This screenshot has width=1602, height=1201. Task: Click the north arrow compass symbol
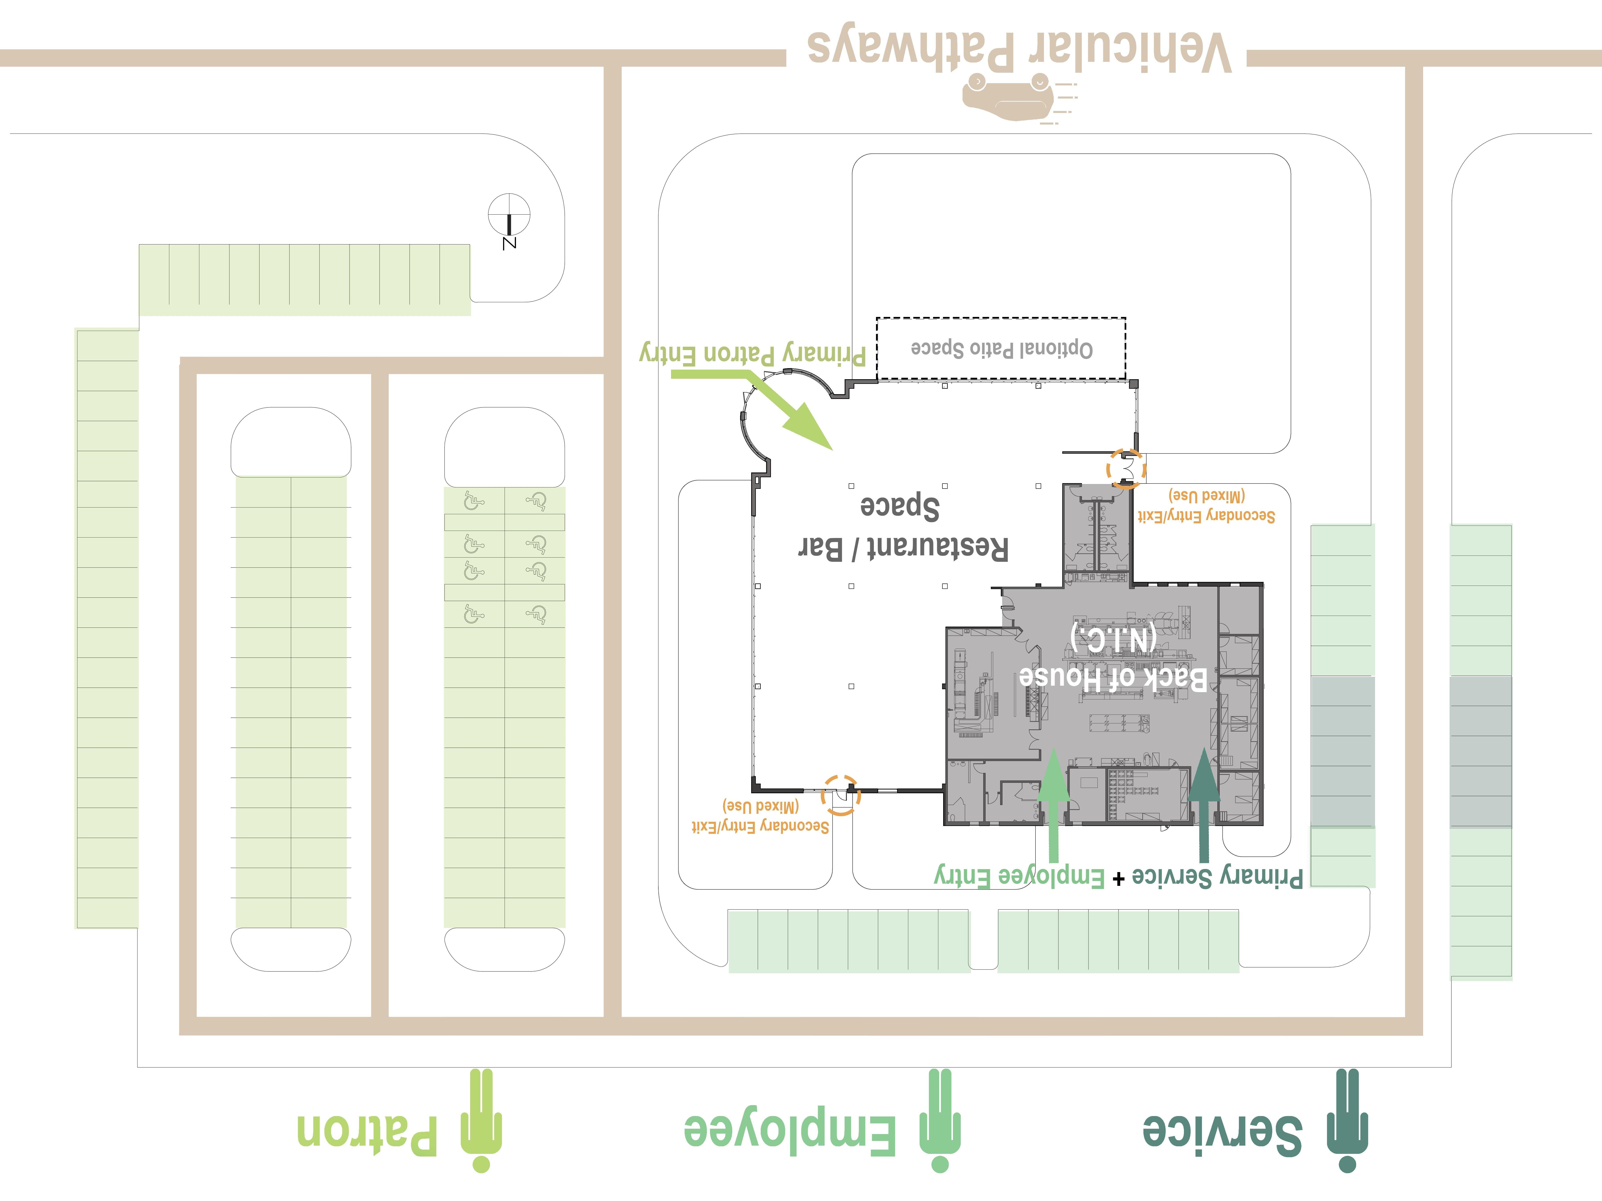509,216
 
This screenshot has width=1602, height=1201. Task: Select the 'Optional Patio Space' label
1002,349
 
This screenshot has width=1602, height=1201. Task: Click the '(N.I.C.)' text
1113,639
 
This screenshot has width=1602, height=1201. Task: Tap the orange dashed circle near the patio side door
1126,469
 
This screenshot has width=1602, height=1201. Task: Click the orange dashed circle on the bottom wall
841,795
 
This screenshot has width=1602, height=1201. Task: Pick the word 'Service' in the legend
1222,1133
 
